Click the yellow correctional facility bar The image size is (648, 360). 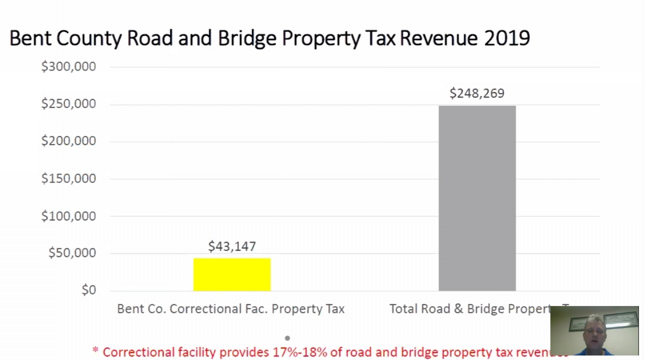click(232, 274)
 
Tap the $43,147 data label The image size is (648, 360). click(232, 246)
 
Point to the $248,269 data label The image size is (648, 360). click(477, 93)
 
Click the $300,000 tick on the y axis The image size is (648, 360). click(68, 66)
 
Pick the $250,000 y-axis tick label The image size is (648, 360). click(68, 104)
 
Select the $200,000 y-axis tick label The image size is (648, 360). click(68, 141)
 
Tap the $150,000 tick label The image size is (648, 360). click(68, 178)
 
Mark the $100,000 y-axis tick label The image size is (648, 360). click(68, 216)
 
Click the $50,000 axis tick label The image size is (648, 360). click(72, 253)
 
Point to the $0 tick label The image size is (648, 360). click(88, 290)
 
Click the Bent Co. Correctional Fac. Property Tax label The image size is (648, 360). click(230, 309)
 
